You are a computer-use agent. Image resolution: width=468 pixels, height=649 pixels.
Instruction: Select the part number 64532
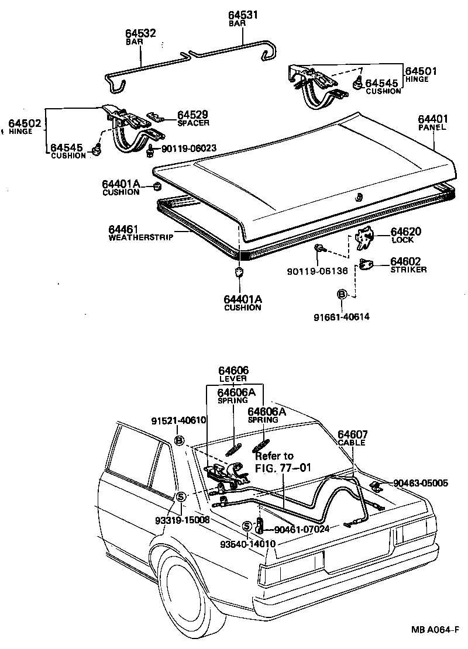click(x=140, y=34)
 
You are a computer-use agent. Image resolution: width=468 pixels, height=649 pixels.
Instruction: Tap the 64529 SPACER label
click(x=193, y=119)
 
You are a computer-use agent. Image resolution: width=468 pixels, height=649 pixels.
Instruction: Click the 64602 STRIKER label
click(x=409, y=265)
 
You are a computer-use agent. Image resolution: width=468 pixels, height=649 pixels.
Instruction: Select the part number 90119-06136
click(x=317, y=271)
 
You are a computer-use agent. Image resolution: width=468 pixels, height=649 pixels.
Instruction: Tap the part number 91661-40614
click(x=342, y=317)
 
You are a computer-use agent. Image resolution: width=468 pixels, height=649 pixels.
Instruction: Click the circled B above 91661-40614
click(x=342, y=294)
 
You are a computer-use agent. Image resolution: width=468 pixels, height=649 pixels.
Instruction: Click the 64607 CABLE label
click(x=353, y=438)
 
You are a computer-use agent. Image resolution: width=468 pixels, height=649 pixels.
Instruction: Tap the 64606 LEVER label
click(x=233, y=374)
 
